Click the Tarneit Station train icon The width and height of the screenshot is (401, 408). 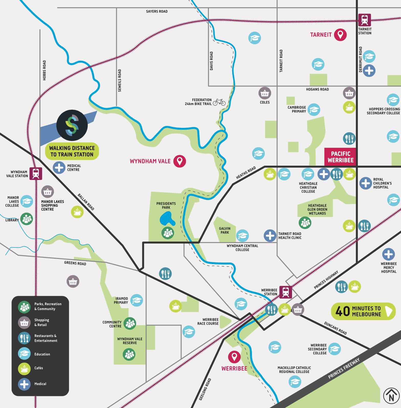[x=364, y=20]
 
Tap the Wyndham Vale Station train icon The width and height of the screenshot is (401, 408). [x=36, y=174]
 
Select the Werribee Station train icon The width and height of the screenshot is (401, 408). [x=286, y=292]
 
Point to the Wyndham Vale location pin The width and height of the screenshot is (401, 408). [x=180, y=161]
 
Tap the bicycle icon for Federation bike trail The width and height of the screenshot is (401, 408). [x=219, y=102]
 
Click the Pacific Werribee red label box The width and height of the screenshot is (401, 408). [x=340, y=157]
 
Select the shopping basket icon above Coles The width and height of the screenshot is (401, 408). [x=264, y=94]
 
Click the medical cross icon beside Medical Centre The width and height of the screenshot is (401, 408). [x=59, y=168]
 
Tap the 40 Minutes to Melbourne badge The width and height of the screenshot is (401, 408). [x=363, y=311]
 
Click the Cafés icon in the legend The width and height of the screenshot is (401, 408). [x=24, y=368]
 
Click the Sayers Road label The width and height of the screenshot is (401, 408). [x=157, y=12]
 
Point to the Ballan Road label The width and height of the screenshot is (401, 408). [x=86, y=202]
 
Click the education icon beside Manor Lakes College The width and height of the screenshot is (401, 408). [x=27, y=201]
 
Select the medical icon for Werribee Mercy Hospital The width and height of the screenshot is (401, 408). [x=388, y=254]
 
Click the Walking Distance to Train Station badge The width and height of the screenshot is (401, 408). [x=72, y=151]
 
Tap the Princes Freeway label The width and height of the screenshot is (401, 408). [x=344, y=368]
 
